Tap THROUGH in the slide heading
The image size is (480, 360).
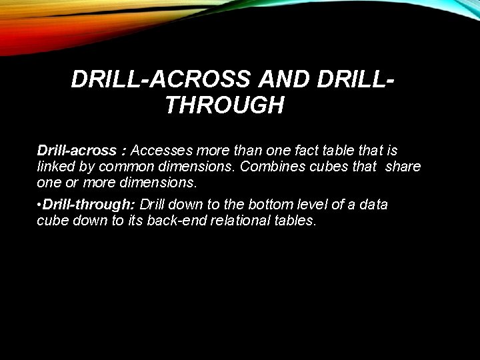pyautogui.click(x=224, y=105)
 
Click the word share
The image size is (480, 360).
pyautogui.click(x=403, y=166)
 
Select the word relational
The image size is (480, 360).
pyautogui.click(x=241, y=219)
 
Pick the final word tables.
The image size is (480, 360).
pyautogui.click(x=294, y=219)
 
